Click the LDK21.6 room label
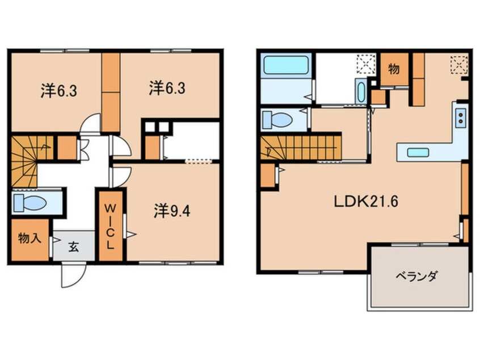[366, 202]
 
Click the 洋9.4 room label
[172, 211]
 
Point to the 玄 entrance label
[73, 246]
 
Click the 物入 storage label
[30, 237]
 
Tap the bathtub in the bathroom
[286, 65]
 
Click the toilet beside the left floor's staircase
[30, 203]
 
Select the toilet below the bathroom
[277, 120]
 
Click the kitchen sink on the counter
[418, 152]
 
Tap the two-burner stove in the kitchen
[460, 118]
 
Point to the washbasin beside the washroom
[361, 91]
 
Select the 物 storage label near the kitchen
[394, 69]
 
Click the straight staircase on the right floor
[301, 148]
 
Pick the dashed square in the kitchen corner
[459, 65]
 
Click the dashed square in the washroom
[367, 64]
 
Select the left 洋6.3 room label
[59, 91]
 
